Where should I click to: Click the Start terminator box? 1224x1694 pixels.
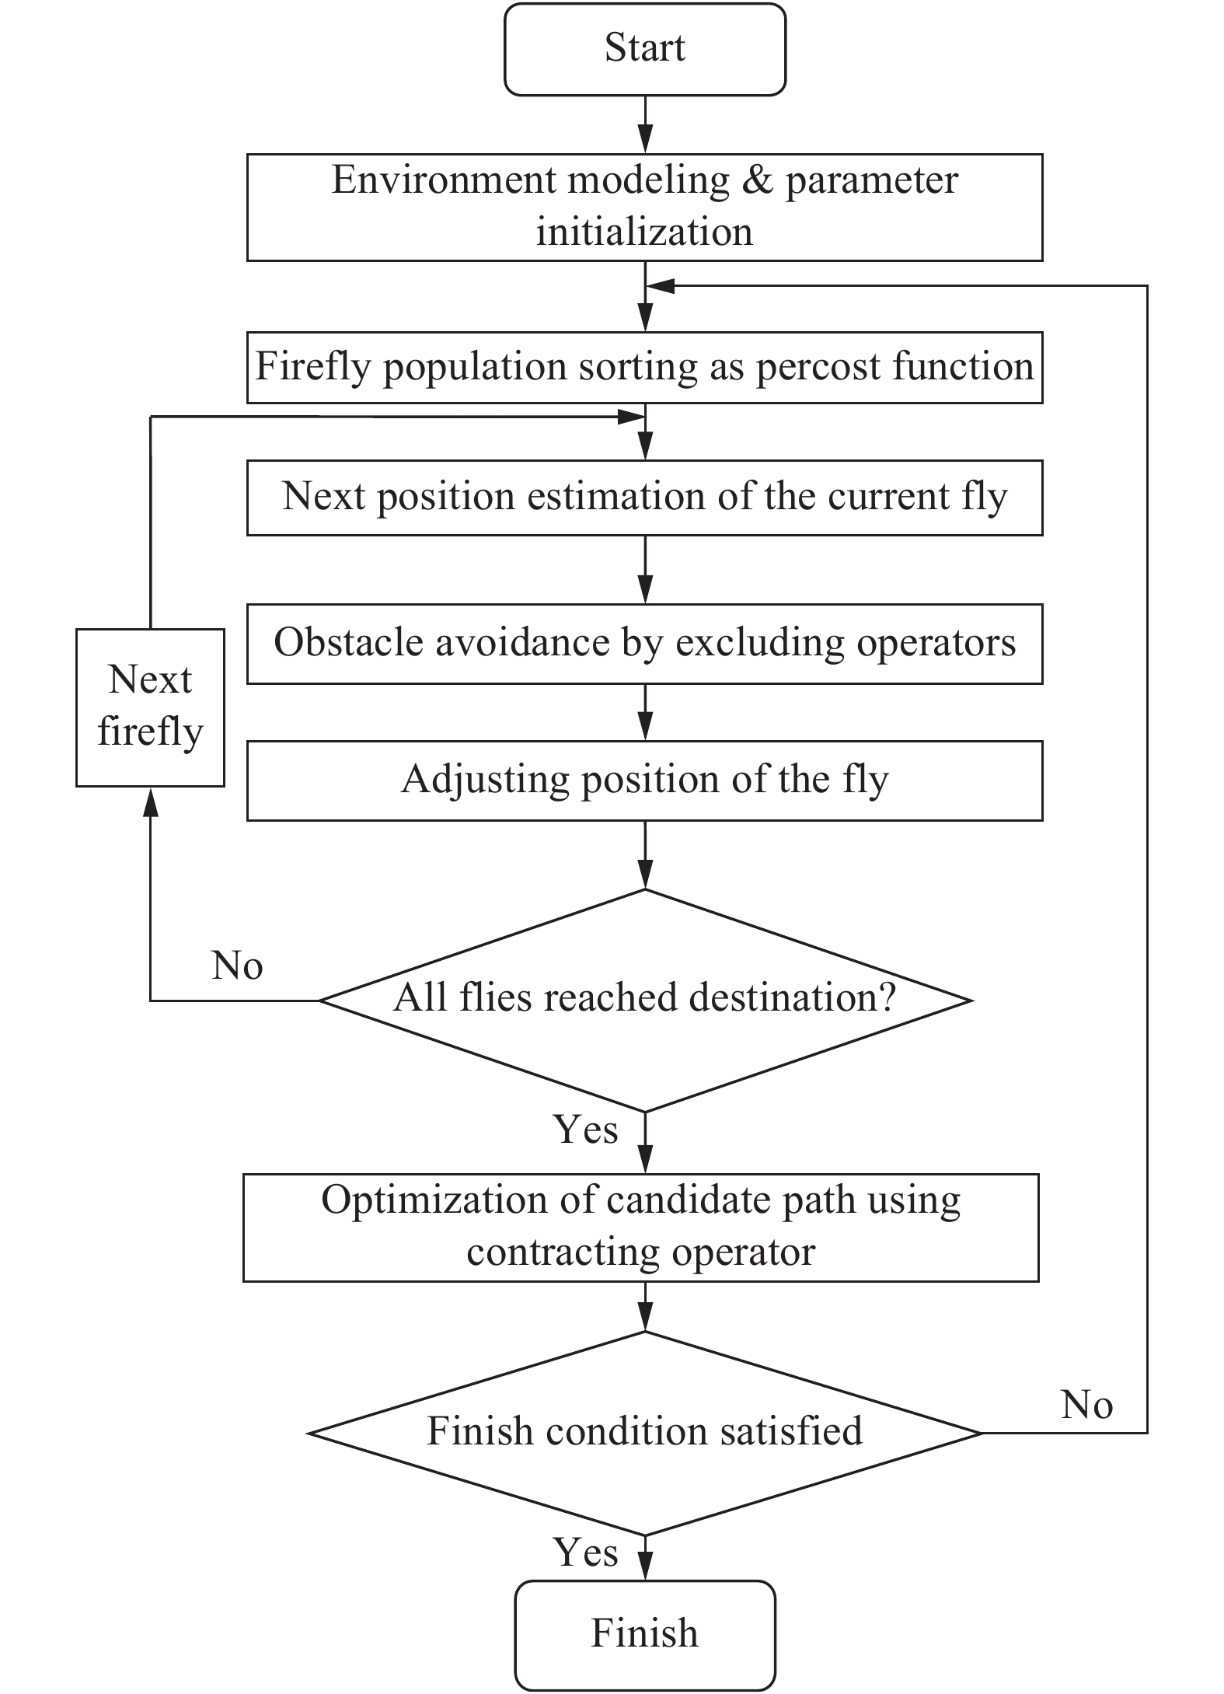[x=644, y=49]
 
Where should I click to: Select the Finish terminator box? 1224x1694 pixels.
[x=644, y=1635]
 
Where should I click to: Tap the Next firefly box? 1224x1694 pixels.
[x=150, y=707]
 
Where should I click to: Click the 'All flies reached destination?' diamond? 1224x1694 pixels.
[x=646, y=1001]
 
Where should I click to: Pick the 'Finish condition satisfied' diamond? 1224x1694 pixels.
[x=645, y=1433]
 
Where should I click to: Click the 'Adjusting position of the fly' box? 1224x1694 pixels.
[x=644, y=781]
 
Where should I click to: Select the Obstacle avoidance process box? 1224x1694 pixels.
[x=644, y=644]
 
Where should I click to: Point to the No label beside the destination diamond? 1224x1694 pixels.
[x=237, y=966]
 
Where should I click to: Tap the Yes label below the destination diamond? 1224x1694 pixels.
[x=586, y=1129]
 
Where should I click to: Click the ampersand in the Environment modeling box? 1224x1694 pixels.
[x=758, y=180]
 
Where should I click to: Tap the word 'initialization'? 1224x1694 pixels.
[x=644, y=232]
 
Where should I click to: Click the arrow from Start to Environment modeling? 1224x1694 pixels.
[x=645, y=124]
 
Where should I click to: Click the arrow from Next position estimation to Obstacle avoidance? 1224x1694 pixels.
[x=645, y=569]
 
